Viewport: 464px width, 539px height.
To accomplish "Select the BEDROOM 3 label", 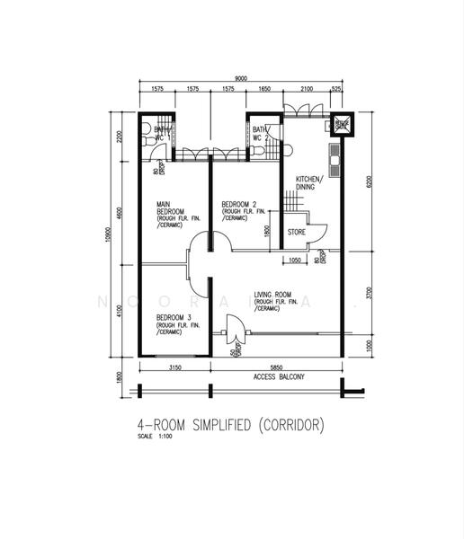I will click(x=174, y=318).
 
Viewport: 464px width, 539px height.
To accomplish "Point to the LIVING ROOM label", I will click(x=274, y=295).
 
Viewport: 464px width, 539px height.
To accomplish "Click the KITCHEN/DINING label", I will click(x=308, y=184).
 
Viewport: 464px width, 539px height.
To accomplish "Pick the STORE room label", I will click(x=297, y=232).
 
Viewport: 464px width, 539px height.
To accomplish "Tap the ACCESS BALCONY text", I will click(x=277, y=377).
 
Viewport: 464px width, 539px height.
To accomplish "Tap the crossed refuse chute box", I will click(x=342, y=125).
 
